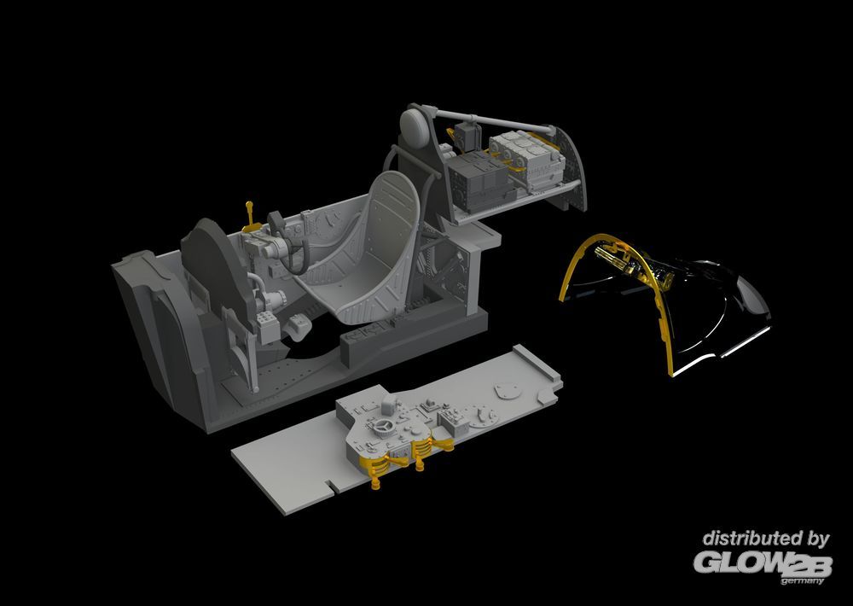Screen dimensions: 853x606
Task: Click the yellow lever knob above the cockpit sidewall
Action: click(249, 205)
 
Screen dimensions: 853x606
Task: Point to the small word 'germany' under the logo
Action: click(802, 581)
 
